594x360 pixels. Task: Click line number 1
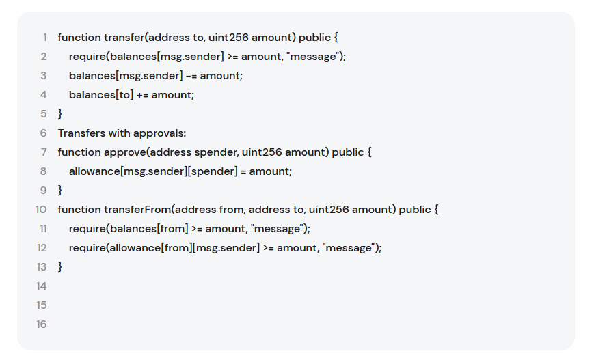(x=44, y=38)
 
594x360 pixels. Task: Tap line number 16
(x=42, y=324)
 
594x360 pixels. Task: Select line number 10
(x=41, y=210)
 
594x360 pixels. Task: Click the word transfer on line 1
(x=124, y=38)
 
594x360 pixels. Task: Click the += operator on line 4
(x=142, y=95)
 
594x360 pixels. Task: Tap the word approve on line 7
(x=125, y=152)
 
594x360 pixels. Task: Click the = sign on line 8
(x=243, y=171)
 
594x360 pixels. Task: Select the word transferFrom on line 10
(x=137, y=210)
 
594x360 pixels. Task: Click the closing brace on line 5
(x=60, y=114)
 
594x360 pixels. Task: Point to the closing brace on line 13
(x=60, y=267)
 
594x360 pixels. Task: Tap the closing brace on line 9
(x=60, y=191)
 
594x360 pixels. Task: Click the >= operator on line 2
(x=232, y=57)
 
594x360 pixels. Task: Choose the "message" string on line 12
(x=348, y=248)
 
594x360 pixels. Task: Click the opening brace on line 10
(x=436, y=210)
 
